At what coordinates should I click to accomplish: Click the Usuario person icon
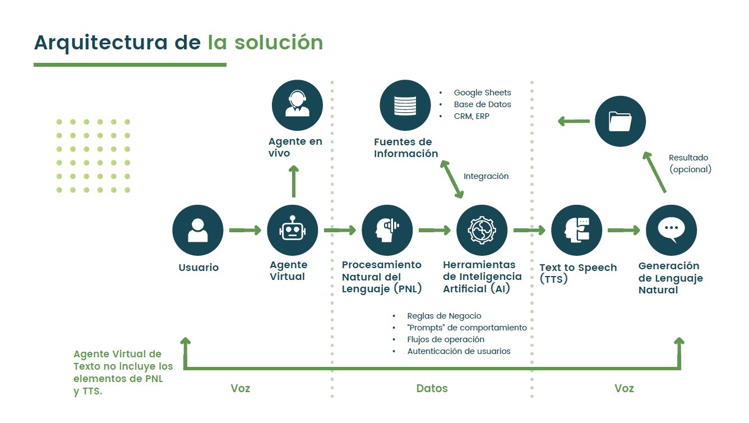(197, 230)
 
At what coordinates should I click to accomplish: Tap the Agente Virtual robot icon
(293, 230)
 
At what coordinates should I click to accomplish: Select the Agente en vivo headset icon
(297, 105)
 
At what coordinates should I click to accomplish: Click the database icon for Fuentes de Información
(405, 105)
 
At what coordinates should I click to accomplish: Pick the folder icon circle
(620, 121)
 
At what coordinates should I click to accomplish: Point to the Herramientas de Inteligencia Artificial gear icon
(482, 230)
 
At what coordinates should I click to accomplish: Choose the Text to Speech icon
(576, 230)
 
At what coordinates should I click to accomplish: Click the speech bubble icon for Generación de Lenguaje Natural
(671, 230)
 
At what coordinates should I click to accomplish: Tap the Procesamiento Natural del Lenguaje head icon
(387, 230)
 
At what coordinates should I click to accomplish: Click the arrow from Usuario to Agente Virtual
(245, 230)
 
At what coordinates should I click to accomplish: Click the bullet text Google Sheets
(482, 93)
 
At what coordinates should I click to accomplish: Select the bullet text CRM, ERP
(471, 116)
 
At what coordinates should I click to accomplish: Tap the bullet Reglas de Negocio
(444, 316)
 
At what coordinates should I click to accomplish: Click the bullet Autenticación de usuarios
(459, 351)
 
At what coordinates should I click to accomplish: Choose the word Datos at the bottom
(432, 388)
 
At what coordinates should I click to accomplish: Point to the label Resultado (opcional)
(690, 163)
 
